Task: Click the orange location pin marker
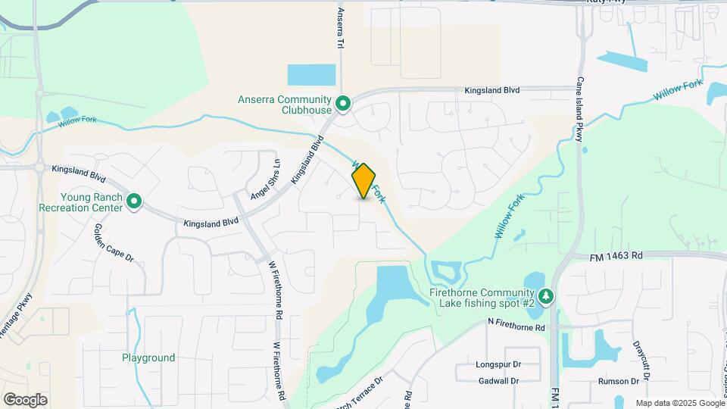click(363, 181)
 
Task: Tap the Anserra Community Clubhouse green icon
click(342, 104)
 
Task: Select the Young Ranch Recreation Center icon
click(134, 201)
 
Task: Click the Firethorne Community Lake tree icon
click(545, 297)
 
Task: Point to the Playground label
click(148, 357)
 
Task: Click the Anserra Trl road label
click(341, 27)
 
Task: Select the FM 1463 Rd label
click(616, 256)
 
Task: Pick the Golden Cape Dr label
click(114, 242)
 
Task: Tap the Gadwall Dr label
click(498, 380)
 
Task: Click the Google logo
click(25, 399)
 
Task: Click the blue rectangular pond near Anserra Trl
click(311, 75)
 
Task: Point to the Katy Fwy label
click(606, 2)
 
